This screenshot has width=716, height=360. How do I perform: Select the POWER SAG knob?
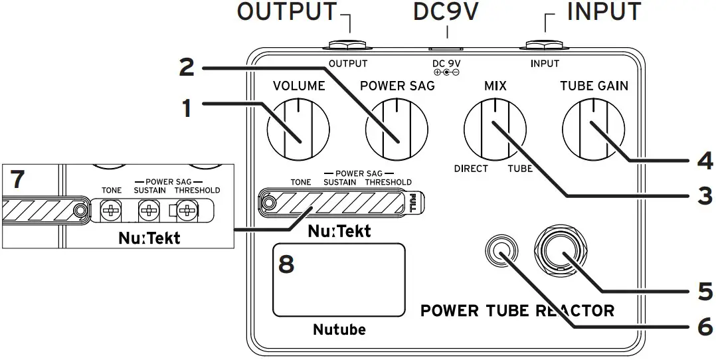tap(397, 124)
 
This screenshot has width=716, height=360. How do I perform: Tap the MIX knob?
tap(495, 124)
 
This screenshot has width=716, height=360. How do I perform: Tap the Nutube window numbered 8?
tap(339, 280)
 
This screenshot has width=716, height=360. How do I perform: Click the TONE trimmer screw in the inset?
tap(111, 212)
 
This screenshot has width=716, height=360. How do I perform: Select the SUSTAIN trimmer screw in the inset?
tap(149, 212)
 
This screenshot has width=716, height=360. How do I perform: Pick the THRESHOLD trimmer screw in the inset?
tap(188, 212)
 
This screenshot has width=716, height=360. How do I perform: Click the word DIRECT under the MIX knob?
tap(471, 169)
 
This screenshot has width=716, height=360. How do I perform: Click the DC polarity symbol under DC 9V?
tap(446, 72)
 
